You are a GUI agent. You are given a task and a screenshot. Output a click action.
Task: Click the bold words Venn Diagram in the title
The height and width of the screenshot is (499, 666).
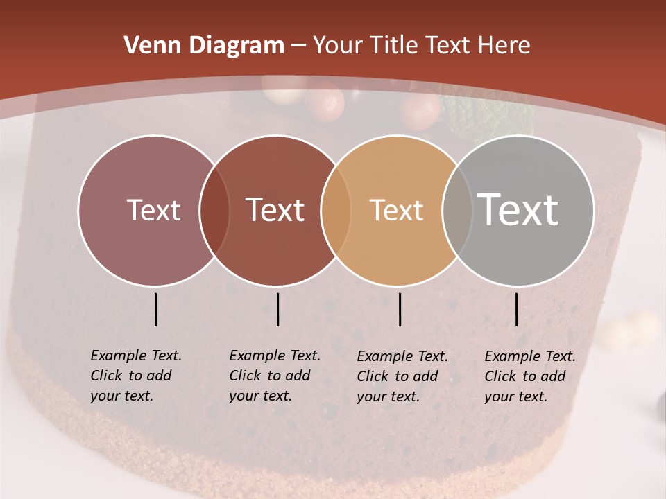204,46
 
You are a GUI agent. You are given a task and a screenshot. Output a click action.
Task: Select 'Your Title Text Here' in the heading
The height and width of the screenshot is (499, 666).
422,46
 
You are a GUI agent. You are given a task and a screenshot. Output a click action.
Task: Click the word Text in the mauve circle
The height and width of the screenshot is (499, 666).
153,210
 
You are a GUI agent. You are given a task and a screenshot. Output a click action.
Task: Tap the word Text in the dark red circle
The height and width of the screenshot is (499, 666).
275,210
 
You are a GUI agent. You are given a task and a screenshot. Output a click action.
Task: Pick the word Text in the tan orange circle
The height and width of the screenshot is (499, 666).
396,210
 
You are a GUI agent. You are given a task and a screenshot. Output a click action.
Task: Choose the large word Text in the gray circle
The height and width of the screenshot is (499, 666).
518,209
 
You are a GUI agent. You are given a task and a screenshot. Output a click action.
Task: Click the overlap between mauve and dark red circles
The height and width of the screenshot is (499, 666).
214,211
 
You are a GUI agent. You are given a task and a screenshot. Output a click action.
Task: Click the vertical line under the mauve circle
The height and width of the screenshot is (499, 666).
155,309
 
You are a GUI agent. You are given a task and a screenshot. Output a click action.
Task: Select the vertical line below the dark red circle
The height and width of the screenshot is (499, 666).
277,309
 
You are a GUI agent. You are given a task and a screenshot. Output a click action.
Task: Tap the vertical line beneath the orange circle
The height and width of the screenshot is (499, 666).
400,309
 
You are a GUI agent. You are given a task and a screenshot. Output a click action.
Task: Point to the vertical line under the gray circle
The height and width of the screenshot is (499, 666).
516,309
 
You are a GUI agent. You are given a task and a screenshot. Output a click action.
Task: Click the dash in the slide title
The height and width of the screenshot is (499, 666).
298,46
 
